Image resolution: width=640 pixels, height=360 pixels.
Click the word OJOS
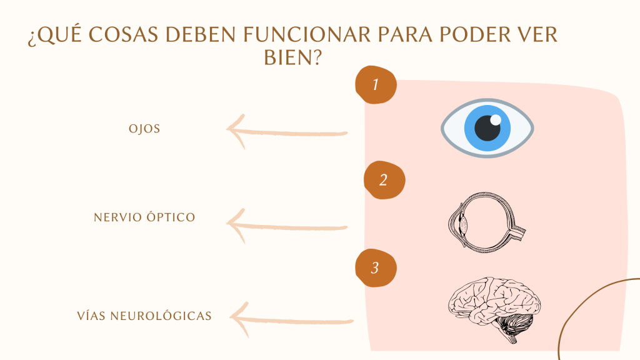click(x=144, y=129)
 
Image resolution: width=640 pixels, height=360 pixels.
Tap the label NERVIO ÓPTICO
click(x=144, y=217)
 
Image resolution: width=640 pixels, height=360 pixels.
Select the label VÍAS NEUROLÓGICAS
click(x=144, y=316)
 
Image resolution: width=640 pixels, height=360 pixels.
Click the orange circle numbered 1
click(x=376, y=84)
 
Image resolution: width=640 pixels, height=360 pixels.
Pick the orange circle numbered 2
click(x=384, y=180)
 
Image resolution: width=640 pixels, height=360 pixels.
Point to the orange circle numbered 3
click(x=376, y=267)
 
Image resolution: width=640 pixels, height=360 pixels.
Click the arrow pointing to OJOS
click(x=287, y=132)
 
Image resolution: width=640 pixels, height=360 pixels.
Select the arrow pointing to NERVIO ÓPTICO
click(x=287, y=226)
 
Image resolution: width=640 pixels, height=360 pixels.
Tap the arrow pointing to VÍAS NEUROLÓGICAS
click(x=291, y=321)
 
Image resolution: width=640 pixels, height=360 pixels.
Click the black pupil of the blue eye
click(x=487, y=128)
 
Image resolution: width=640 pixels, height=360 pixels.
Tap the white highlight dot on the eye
click(x=496, y=120)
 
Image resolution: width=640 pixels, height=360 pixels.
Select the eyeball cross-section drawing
click(x=486, y=223)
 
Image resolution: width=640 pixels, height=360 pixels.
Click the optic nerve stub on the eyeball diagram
click(x=517, y=233)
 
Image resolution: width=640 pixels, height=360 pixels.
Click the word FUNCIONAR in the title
click(x=307, y=35)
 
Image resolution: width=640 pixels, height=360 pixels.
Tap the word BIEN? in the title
click(x=293, y=57)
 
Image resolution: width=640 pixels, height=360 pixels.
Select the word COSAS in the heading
click(x=123, y=35)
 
